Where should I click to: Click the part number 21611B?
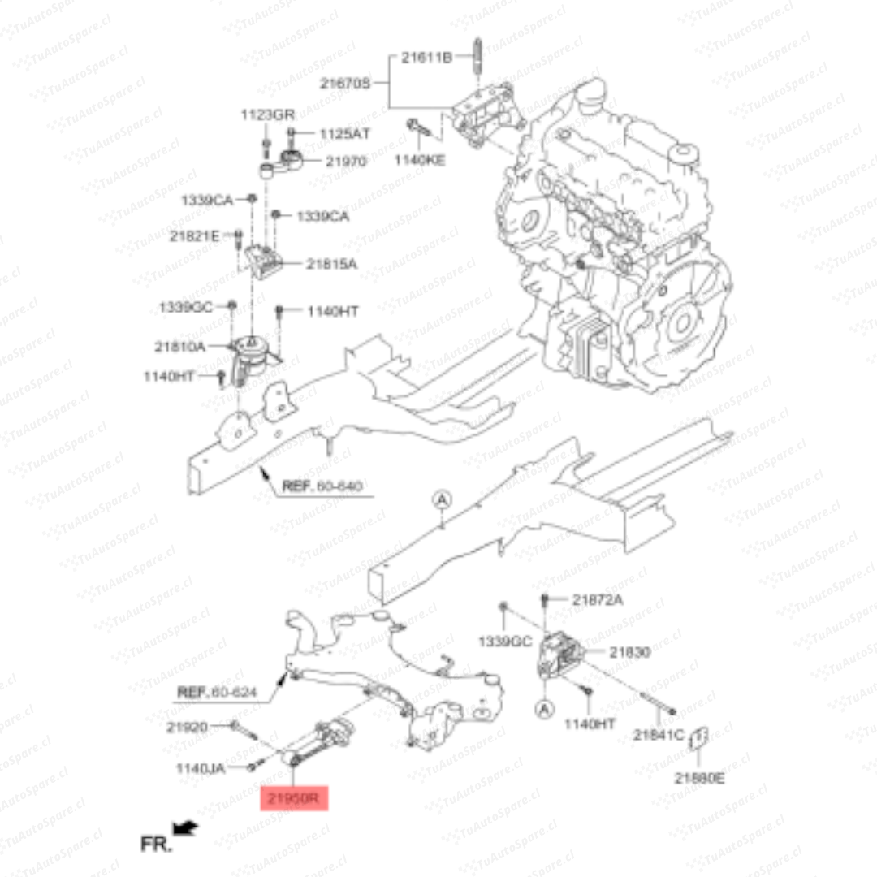tap(426, 58)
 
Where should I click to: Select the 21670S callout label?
tap(344, 83)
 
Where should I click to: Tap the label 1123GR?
tap(267, 114)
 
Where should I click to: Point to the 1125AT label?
tap(344, 133)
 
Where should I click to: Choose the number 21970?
tap(347, 162)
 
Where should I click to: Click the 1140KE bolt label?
tap(419, 160)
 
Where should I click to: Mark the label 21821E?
tap(194, 236)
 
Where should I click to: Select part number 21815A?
tap(332, 264)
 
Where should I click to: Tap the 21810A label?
tap(179, 346)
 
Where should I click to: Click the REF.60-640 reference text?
tap(322, 487)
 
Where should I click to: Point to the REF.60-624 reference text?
tap(217, 693)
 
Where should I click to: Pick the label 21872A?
tap(598, 600)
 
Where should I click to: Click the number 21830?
tap(630, 652)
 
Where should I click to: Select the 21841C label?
tap(659, 736)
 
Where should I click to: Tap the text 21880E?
tap(699, 779)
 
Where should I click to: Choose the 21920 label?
tap(188, 727)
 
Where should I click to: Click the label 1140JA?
tap(201, 767)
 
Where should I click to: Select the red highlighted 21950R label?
tap(294, 798)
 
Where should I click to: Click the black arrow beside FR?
tap(187, 828)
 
